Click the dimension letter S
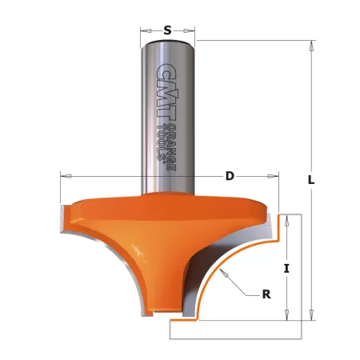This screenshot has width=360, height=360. (167, 30)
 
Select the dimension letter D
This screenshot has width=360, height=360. (229, 176)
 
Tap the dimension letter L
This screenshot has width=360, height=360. (311, 180)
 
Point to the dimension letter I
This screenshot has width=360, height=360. (286, 268)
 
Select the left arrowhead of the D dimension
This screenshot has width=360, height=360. (64, 176)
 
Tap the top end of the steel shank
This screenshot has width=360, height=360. (167, 42)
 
